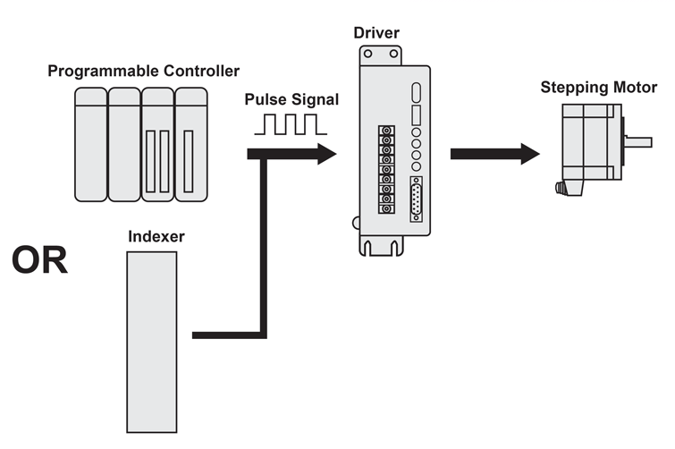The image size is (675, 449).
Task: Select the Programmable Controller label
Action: [x=143, y=71]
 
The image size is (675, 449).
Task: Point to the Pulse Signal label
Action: [x=292, y=100]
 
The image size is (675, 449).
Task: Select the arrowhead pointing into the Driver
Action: [x=324, y=154]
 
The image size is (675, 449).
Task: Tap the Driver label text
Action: [x=377, y=33]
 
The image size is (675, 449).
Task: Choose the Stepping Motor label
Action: [x=599, y=88]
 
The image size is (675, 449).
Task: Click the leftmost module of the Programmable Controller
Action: [x=90, y=143]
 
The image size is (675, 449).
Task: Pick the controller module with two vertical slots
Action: [x=157, y=143]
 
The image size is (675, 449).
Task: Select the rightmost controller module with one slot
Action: [x=190, y=143]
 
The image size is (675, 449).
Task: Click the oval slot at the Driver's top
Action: [x=417, y=94]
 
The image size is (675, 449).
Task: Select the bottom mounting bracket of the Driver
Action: [x=387, y=241]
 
